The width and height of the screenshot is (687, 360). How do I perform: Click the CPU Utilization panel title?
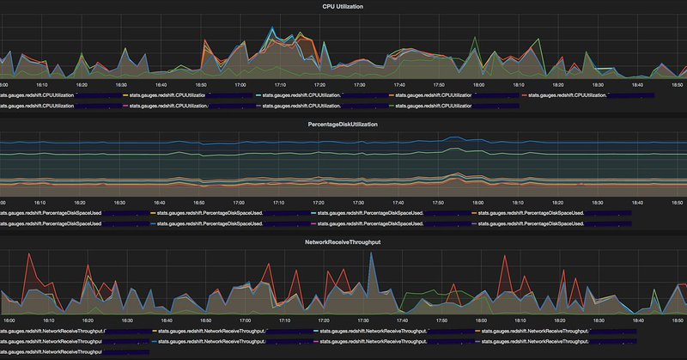pos(343,6)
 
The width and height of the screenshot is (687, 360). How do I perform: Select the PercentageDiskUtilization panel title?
pos(343,125)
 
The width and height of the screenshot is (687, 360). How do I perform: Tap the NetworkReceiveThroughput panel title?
pos(343,243)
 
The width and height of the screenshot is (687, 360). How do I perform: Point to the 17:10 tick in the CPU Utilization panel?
pos(280,85)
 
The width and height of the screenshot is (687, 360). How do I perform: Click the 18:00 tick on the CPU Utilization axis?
pos(478,85)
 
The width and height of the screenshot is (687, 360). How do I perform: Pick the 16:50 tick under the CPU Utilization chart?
pos(200,85)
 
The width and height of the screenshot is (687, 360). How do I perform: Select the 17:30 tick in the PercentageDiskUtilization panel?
pos(359,203)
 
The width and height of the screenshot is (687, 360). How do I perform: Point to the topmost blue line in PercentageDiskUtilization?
pos(343,143)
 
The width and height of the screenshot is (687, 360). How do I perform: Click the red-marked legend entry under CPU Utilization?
pos(567,95)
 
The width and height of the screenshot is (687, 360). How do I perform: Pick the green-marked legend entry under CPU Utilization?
pos(429,106)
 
